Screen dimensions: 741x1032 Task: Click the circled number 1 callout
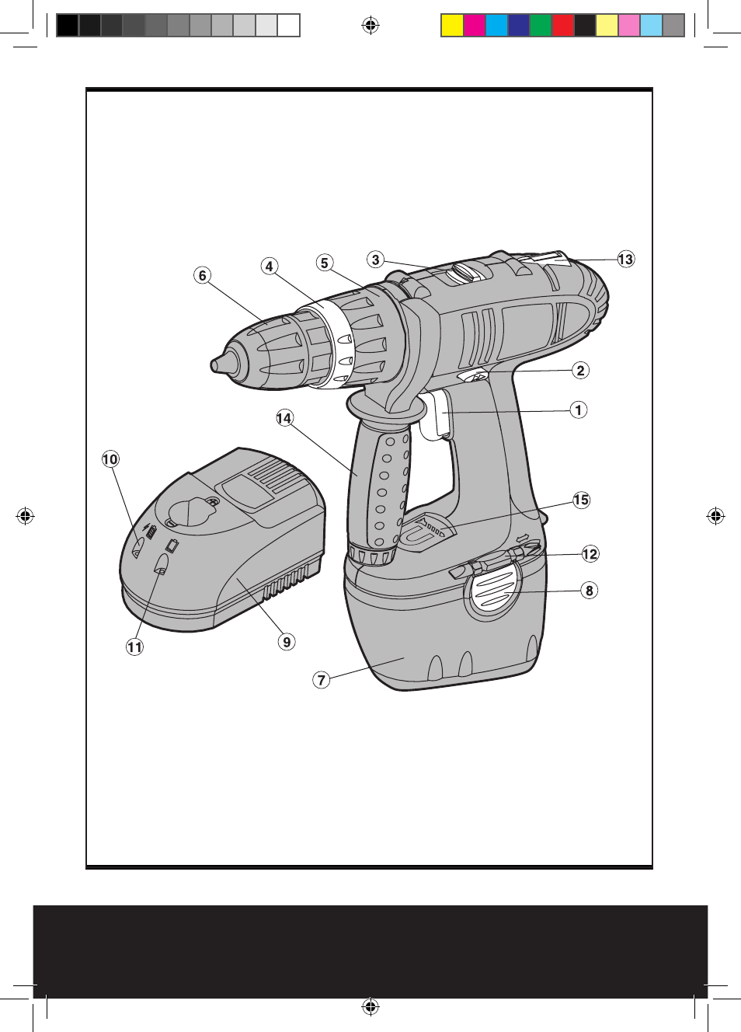[579, 410]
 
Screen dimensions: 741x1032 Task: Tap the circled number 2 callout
[580, 370]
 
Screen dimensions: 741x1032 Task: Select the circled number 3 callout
[376, 260]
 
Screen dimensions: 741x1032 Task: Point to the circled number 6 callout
[202, 276]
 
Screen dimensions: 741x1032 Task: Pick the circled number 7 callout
[322, 679]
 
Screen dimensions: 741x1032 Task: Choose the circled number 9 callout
[287, 641]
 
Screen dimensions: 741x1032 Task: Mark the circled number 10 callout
[110, 458]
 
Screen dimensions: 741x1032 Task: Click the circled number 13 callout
[626, 259]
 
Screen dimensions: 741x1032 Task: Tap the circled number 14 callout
[284, 418]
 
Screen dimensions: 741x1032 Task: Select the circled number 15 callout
[581, 500]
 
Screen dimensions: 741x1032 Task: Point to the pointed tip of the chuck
[213, 365]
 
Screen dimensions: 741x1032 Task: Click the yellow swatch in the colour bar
[452, 26]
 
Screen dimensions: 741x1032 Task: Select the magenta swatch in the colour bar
[475, 26]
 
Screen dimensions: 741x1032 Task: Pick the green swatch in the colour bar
[541, 26]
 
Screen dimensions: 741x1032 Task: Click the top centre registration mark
[370, 25]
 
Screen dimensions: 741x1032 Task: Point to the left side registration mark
[25, 516]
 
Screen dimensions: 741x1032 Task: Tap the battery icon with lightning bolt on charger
[150, 531]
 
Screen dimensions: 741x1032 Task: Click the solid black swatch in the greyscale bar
[68, 26]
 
